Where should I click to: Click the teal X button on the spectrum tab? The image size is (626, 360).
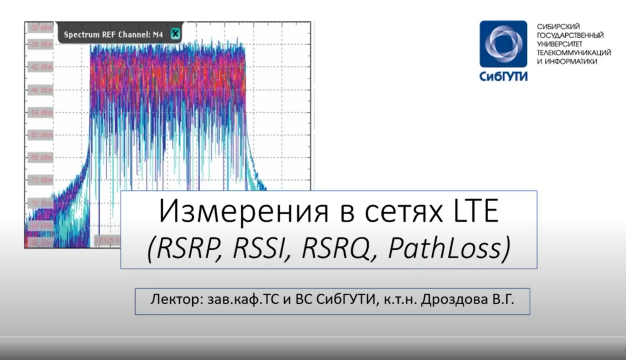(175, 34)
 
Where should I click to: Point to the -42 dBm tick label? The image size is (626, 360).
(41, 67)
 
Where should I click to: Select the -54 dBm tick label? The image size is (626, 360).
(41, 113)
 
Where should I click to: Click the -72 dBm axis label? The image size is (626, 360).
(41, 180)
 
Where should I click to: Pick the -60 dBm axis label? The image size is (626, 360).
(41, 135)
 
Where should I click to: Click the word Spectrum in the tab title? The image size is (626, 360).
(80, 34)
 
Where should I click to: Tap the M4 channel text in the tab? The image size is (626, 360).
(158, 34)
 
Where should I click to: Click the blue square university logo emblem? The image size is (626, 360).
(503, 44)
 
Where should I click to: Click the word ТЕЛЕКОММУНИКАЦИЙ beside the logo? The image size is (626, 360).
(574, 52)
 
